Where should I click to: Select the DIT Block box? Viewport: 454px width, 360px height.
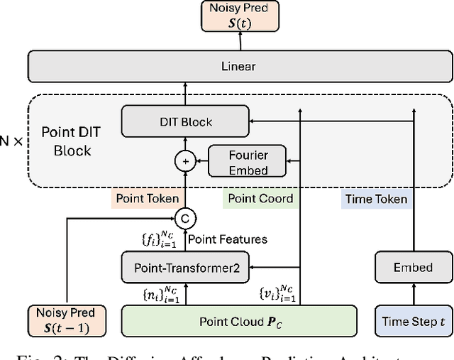tap(185, 121)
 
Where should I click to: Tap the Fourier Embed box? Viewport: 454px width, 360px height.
tap(248, 161)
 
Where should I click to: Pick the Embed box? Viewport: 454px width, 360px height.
tap(413, 268)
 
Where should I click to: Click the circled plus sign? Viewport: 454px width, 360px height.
tap(186, 162)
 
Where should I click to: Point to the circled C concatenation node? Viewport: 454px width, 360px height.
tap(186, 217)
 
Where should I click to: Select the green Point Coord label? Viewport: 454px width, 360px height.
tap(260, 199)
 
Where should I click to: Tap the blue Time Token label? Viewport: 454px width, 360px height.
tap(375, 199)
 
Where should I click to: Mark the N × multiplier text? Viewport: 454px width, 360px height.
tap(12, 141)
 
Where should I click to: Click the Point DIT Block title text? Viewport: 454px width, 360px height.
tap(67, 141)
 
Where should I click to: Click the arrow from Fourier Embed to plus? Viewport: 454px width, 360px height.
tap(201, 162)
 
